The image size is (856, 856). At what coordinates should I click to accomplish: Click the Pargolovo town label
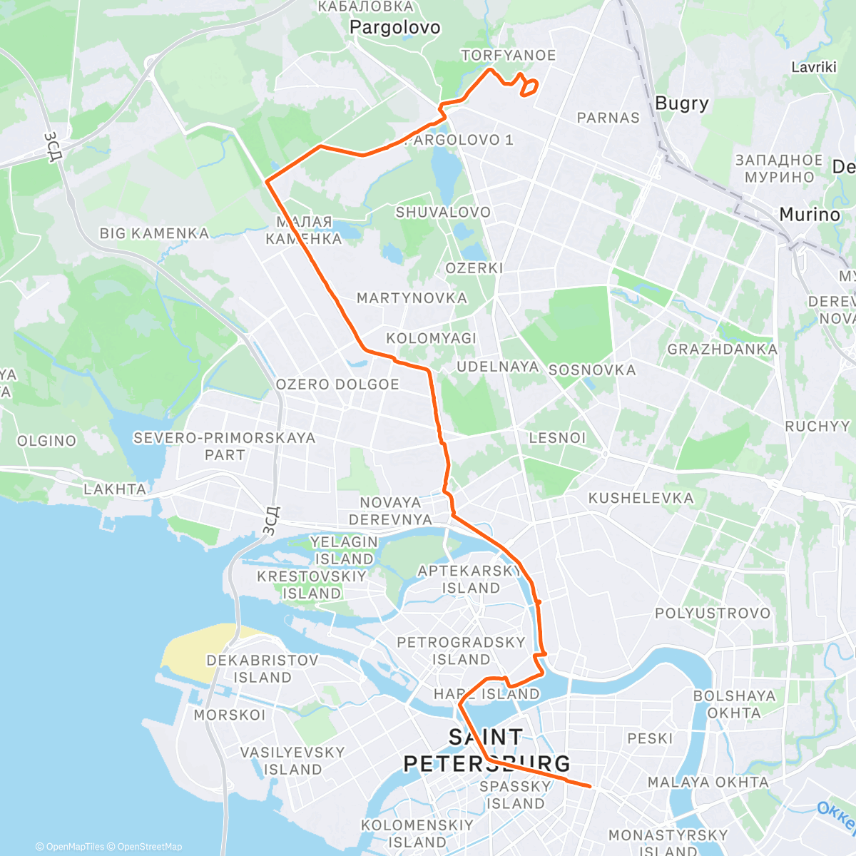click(394, 28)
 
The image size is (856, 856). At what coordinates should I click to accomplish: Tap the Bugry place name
click(681, 103)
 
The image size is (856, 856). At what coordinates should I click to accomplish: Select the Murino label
click(810, 215)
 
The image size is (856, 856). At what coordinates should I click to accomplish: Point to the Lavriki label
click(813, 67)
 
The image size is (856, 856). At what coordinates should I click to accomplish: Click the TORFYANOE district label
click(508, 55)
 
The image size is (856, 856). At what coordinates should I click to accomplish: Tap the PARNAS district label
click(608, 118)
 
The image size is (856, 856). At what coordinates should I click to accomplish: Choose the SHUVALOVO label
click(443, 212)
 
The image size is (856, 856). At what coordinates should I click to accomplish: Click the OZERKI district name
click(474, 268)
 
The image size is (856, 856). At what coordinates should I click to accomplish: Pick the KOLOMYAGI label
click(431, 338)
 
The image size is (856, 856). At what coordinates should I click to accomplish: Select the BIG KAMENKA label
click(154, 233)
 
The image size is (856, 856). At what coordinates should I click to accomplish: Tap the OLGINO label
click(46, 441)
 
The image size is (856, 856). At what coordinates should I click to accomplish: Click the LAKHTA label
click(115, 489)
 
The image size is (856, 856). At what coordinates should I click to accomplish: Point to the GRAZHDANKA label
click(722, 350)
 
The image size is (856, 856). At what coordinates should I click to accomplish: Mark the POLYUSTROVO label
click(713, 613)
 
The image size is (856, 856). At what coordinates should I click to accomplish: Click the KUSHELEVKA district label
click(641, 498)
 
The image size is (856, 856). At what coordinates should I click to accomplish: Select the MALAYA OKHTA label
click(708, 782)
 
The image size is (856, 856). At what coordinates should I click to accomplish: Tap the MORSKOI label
click(229, 715)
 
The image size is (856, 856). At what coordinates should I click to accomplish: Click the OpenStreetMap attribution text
click(149, 847)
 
